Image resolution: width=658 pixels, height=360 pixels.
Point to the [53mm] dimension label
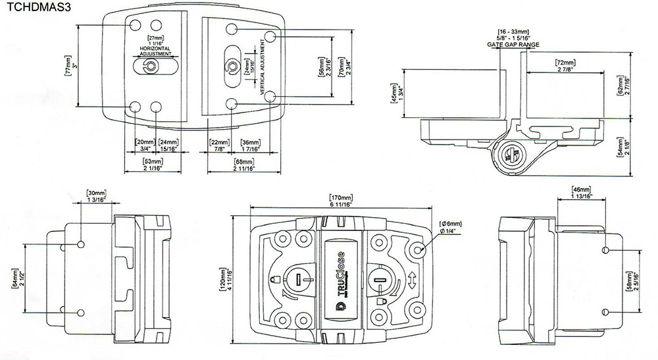click(153, 161)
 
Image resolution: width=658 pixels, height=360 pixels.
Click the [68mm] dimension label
click(243, 161)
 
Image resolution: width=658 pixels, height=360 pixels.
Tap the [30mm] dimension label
click(95, 193)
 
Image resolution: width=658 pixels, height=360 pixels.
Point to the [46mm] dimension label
click(583, 189)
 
